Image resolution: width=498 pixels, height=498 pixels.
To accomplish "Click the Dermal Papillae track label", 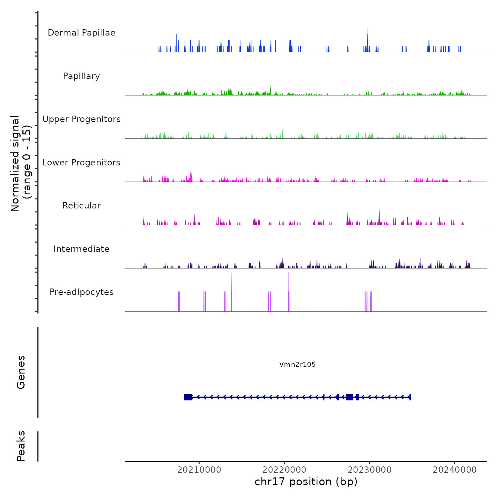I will pyautogui.click(x=81, y=33).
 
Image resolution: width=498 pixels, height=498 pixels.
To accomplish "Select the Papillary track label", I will pyautogui.click(x=81, y=76).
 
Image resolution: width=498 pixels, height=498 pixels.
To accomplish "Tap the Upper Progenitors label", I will pyautogui.click(x=81, y=119).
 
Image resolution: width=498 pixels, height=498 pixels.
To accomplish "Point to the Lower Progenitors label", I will pyautogui.click(x=81, y=163).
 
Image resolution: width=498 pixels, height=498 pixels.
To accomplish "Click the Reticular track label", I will pyautogui.click(x=81, y=206).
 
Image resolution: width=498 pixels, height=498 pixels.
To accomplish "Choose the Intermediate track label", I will pyautogui.click(x=81, y=249).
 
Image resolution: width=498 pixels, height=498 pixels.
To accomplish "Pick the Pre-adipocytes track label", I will pyautogui.click(x=81, y=292).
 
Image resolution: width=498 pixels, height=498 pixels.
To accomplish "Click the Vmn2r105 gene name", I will pyautogui.click(x=297, y=364).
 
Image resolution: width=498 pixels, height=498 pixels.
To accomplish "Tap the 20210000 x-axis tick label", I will pyautogui.click(x=199, y=470).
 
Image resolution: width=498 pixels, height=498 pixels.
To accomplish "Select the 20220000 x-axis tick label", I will pyautogui.click(x=285, y=470).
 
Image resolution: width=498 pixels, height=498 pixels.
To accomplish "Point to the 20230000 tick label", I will pyautogui.click(x=370, y=470).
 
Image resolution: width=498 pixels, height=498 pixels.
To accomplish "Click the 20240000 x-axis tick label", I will pyautogui.click(x=455, y=470).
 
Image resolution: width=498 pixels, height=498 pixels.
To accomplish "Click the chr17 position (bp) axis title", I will pyautogui.click(x=306, y=482).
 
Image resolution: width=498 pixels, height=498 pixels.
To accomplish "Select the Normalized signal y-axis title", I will pyautogui.click(x=21, y=164).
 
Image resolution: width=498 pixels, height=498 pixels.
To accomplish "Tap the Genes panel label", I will pyautogui.click(x=21, y=372).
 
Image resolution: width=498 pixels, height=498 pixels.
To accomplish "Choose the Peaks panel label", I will pyautogui.click(x=21, y=446).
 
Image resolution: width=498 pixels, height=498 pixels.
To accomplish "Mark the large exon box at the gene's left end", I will pyautogui.click(x=188, y=397).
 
